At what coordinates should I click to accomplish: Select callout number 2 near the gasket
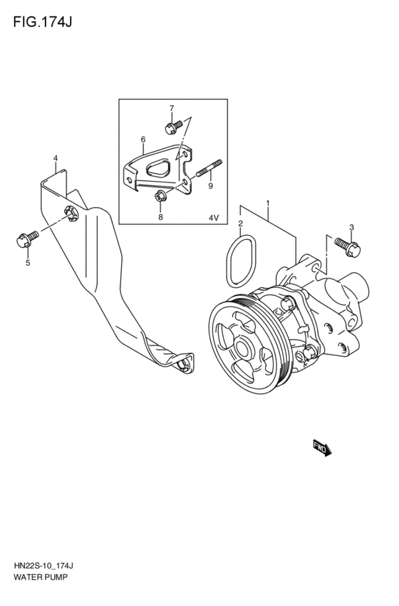241,224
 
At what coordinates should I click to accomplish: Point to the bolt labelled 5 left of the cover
21,241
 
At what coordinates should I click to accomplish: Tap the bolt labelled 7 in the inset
172,127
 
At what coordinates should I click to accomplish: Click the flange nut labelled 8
160,196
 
